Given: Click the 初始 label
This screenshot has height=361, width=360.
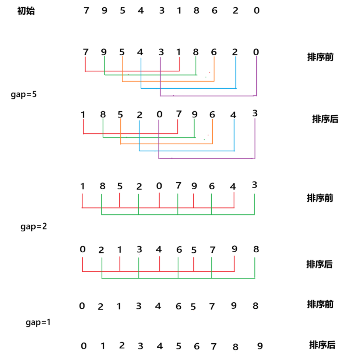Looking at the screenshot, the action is [26, 11].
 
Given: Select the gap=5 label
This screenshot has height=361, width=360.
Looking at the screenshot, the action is [24, 94].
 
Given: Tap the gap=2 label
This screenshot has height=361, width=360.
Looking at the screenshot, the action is [33, 227].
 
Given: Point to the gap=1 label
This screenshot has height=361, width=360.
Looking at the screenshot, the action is [38, 322].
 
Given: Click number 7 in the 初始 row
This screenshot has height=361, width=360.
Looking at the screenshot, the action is [87, 10].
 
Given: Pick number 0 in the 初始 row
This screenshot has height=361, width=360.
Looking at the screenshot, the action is [257, 10].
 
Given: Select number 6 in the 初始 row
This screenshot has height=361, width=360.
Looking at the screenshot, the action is [214, 10].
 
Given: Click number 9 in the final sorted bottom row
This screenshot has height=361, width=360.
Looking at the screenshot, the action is [260, 346].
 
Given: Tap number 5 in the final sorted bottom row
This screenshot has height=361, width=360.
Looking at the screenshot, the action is [179, 346].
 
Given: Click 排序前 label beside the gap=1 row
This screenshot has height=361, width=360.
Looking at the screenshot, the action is [320, 304].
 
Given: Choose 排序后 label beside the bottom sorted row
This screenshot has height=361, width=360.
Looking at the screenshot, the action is [322, 345].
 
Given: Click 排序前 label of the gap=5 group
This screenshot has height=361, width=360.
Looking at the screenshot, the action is [320, 57].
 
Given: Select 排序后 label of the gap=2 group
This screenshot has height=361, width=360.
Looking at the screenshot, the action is [319, 264].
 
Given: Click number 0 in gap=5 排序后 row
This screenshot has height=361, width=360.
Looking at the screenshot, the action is [159, 114].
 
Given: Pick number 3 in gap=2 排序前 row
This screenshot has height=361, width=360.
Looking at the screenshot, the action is [254, 185].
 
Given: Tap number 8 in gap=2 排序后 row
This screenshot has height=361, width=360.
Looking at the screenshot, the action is [256, 249].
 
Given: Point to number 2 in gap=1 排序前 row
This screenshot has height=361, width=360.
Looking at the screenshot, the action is [100, 307].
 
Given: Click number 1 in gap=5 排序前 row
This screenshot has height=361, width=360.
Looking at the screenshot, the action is [179, 52].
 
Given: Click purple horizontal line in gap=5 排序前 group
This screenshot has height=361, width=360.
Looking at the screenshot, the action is [208, 96].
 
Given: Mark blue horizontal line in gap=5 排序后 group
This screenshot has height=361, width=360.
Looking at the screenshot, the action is [187, 151].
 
